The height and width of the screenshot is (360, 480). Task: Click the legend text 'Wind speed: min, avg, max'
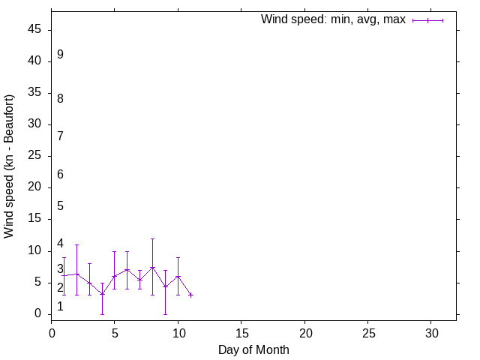[333, 19]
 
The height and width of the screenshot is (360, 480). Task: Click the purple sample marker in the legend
[428, 20]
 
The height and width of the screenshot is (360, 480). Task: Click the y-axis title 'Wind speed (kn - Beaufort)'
[9, 166]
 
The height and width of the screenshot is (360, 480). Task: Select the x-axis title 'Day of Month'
[253, 349]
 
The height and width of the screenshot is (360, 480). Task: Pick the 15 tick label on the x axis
[241, 331]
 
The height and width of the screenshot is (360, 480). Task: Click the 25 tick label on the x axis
[367, 331]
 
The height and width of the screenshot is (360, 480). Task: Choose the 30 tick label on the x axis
[431, 331]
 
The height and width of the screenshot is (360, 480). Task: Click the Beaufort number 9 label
[60, 55]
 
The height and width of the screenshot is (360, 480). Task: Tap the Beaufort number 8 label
[60, 98]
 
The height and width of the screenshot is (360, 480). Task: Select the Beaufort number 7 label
[60, 136]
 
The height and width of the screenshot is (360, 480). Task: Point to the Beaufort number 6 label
[60, 174]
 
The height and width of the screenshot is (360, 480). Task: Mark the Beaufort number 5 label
[60, 205]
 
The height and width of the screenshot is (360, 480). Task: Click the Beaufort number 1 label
[60, 306]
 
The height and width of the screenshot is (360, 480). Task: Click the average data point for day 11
[190, 295]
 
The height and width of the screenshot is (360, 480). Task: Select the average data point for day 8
[152, 268]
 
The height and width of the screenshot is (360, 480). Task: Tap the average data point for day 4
[102, 294]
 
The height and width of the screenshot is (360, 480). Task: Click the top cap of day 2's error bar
[76, 244]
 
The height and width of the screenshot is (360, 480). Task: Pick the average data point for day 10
[178, 276]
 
